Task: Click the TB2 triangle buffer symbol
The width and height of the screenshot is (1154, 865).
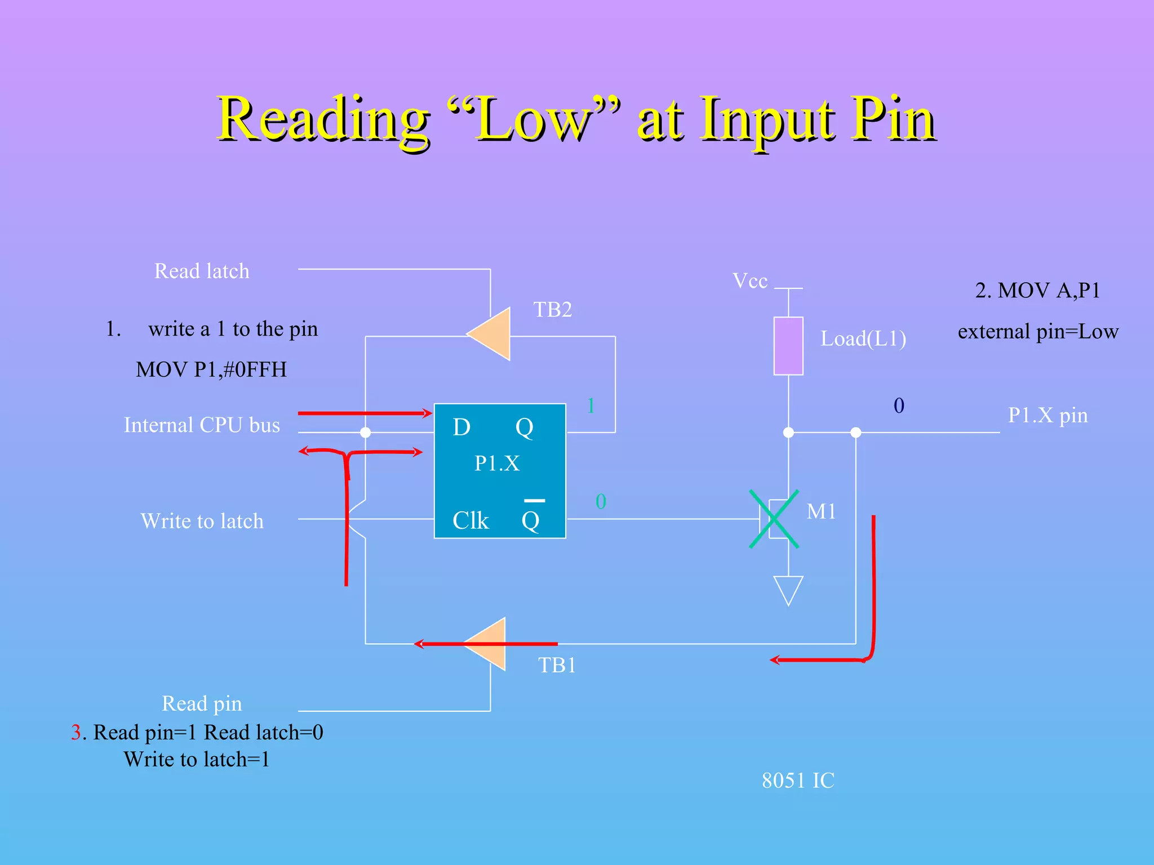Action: click(492, 334)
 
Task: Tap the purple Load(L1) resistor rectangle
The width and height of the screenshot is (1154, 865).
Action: click(788, 346)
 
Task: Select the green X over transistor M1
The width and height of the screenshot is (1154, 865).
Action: click(774, 519)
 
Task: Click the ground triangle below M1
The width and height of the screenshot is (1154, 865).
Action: click(788, 589)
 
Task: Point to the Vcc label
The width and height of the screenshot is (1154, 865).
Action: click(749, 281)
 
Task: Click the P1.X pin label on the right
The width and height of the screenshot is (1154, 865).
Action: click(1048, 416)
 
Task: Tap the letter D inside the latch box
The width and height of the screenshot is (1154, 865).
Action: click(461, 427)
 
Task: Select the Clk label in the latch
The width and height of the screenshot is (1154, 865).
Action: click(471, 521)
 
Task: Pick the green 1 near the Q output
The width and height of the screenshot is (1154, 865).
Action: click(591, 406)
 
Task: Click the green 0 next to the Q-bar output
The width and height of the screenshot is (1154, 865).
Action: click(601, 502)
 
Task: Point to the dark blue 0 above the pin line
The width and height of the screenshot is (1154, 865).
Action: click(899, 406)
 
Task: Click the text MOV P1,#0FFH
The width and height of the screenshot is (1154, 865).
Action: click(211, 370)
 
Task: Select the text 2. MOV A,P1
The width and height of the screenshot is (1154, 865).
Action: click(1037, 291)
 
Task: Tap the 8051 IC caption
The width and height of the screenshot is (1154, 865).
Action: click(798, 781)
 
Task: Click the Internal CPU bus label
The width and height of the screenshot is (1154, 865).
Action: click(202, 425)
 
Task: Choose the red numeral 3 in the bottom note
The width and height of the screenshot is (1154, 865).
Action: click(76, 733)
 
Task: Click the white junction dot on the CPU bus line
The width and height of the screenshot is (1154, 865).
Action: click(366, 432)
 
